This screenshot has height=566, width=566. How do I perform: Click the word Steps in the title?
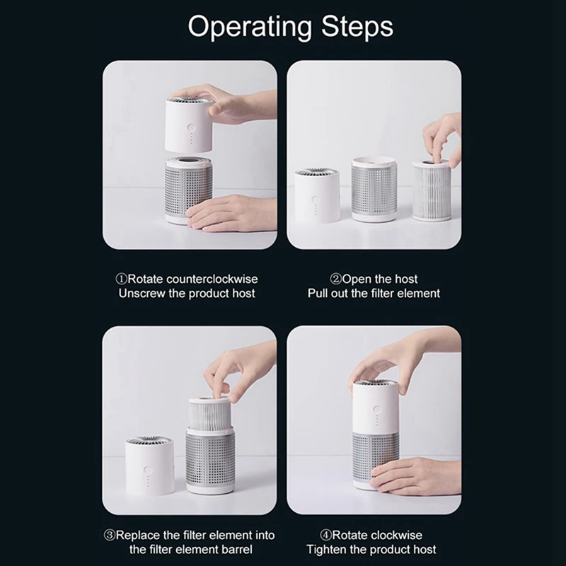354,28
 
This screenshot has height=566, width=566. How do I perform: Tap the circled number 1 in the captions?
121,279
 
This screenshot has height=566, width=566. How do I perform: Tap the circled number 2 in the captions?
336,279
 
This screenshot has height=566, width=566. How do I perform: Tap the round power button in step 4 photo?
375,408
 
